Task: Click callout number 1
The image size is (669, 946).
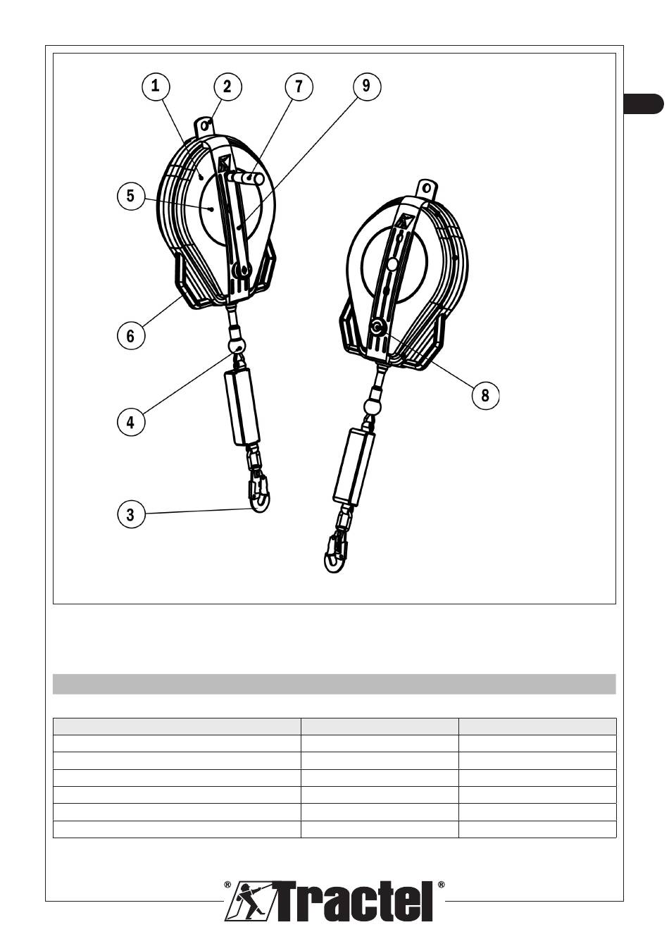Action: pos(155,86)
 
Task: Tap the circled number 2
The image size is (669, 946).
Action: pos(227,86)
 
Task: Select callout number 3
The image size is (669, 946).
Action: pos(130,514)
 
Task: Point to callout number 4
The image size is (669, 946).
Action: pos(130,423)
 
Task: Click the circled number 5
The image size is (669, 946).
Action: pos(130,195)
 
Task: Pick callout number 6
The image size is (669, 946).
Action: pos(130,336)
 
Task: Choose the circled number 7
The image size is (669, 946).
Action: pos(299,86)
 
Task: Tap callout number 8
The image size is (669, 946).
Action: pos(484,395)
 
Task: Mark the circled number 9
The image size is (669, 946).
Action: pos(366,86)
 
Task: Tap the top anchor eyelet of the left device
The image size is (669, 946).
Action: pos(206,126)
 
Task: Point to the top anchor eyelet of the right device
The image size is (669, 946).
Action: pos(425,189)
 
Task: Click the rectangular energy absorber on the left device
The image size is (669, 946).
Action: pos(242,408)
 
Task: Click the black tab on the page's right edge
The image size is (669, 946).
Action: pos(644,104)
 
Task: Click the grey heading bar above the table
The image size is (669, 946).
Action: pos(334,683)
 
